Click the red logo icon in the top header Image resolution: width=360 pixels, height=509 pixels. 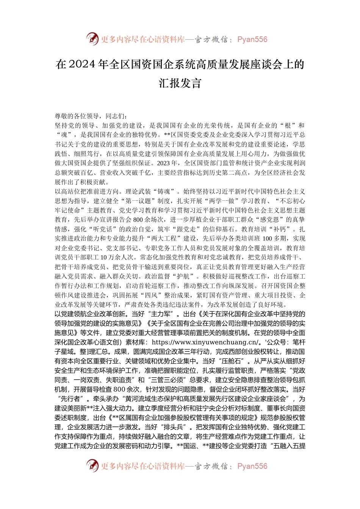click(x=92, y=39)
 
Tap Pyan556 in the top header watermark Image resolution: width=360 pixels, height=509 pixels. click(x=252, y=39)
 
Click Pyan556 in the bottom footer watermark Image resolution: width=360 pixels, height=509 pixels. click(x=252, y=466)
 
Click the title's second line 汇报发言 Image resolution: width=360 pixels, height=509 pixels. click(x=180, y=83)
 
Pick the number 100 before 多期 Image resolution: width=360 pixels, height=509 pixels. click(x=268, y=239)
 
